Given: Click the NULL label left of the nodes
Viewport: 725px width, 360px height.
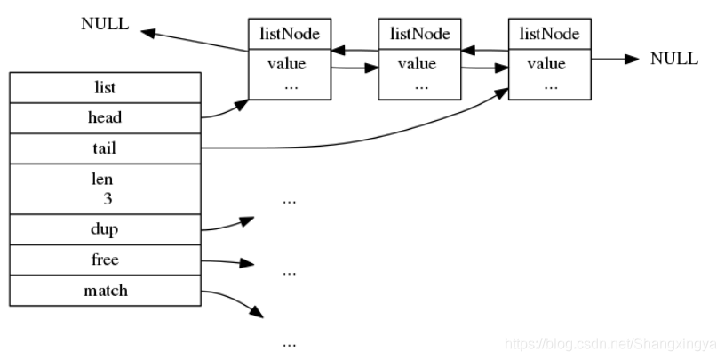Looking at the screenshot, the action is coord(105,24).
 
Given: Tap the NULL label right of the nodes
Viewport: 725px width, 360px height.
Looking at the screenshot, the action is coord(674,59).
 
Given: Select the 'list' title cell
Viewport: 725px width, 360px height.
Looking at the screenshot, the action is coord(105,87).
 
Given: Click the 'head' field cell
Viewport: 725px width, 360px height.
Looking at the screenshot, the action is coord(105,118).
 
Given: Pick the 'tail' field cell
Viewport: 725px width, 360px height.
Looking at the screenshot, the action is coord(105,148).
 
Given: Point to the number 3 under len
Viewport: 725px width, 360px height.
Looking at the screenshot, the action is coord(108,199).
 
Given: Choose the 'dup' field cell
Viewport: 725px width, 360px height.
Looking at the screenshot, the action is coord(105,229).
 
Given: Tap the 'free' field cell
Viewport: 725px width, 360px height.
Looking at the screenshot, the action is coord(105,260).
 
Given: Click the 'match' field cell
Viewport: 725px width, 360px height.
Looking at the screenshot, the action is coord(105,291).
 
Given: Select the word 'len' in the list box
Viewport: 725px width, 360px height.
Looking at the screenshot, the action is coord(102,179).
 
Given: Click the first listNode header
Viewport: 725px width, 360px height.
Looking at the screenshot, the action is coord(290,34).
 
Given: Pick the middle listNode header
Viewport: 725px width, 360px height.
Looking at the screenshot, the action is coord(420,34).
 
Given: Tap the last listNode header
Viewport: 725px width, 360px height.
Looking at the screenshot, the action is coord(550,34).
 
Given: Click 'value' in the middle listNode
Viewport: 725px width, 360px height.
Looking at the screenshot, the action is coord(417,63).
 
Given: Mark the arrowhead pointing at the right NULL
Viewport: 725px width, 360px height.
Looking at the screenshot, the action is coord(632,59).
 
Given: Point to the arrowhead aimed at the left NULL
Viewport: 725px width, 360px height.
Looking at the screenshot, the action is coord(148,33).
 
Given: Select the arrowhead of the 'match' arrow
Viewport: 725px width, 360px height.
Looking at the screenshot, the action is coord(256,311).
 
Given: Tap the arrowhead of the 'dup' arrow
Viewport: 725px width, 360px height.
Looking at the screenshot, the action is coord(247,220).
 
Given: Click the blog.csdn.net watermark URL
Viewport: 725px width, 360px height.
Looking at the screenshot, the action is coord(610,344).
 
